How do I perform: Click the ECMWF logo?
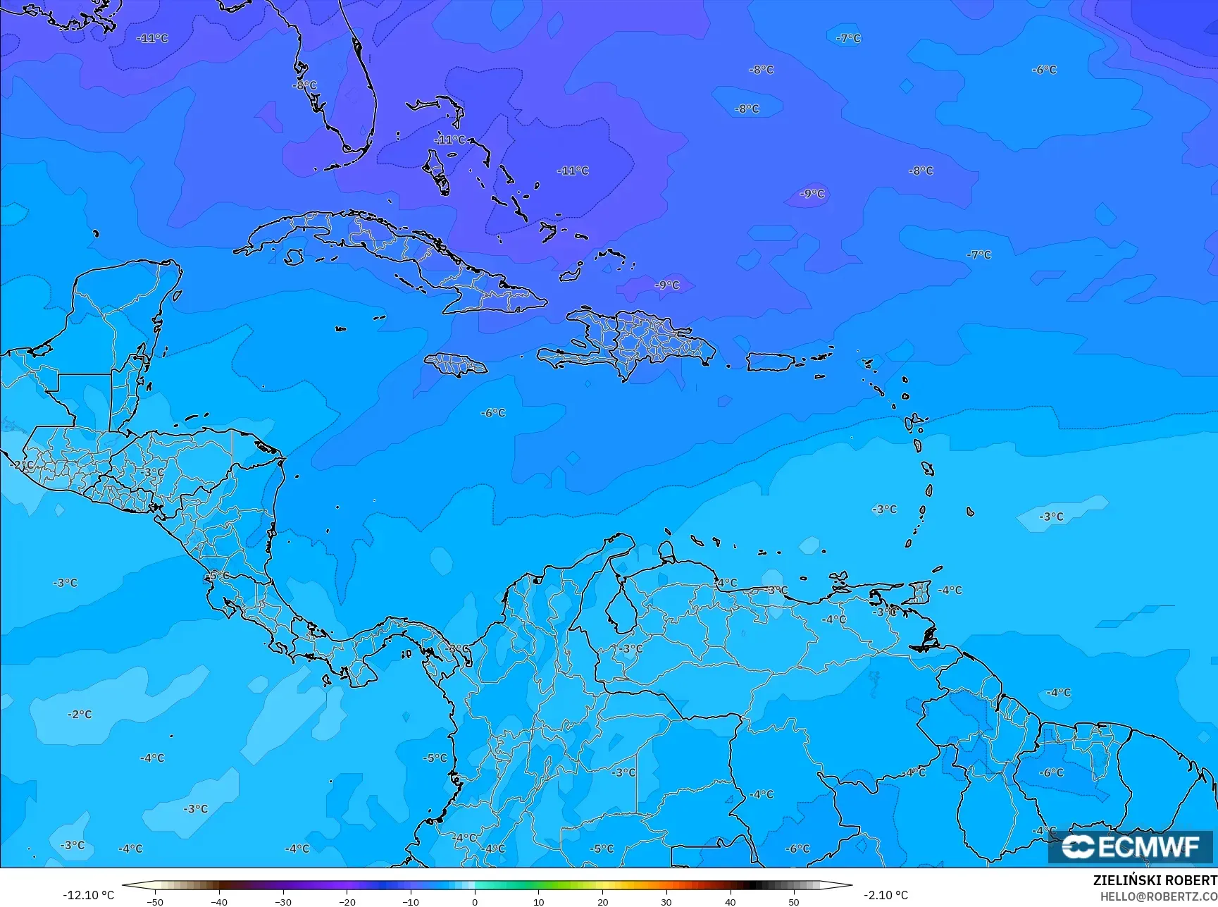click(x=1131, y=846)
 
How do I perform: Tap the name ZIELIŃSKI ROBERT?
click(x=1155, y=880)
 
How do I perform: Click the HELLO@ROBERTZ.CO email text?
click(x=1159, y=896)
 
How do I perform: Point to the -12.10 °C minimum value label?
click(x=88, y=895)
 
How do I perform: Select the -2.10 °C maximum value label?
click(x=885, y=895)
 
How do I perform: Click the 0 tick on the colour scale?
click(x=475, y=901)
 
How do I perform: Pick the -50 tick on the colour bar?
click(x=155, y=901)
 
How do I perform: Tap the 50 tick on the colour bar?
click(x=794, y=901)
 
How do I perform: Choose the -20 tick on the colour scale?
click(x=347, y=901)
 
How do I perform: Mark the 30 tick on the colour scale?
click(x=666, y=901)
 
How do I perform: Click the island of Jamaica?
click(x=455, y=364)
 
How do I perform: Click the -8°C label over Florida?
click(x=304, y=85)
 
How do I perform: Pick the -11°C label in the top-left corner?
click(x=152, y=38)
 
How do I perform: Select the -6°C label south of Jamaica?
click(x=493, y=413)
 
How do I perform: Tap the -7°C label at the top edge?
click(x=848, y=38)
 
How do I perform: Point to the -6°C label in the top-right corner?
click(x=1044, y=70)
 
